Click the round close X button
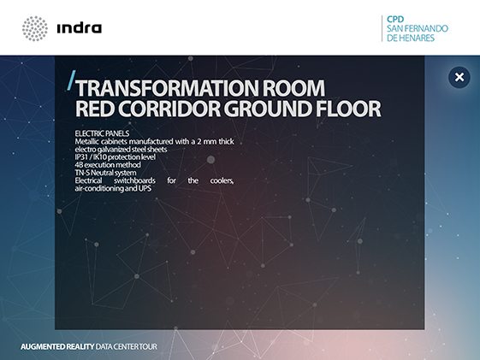coord(459,77)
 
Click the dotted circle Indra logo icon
coord(35,28)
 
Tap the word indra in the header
coord(80,28)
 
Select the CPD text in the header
coord(395,20)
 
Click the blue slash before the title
coord(71,80)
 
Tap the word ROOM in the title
coord(293,88)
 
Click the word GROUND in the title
coord(268,109)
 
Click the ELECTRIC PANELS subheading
coord(102,133)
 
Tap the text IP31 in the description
coord(81,157)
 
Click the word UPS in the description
coord(145,188)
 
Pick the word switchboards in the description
coord(134,180)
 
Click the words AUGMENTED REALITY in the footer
coord(57,346)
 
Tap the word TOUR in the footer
coord(149,346)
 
